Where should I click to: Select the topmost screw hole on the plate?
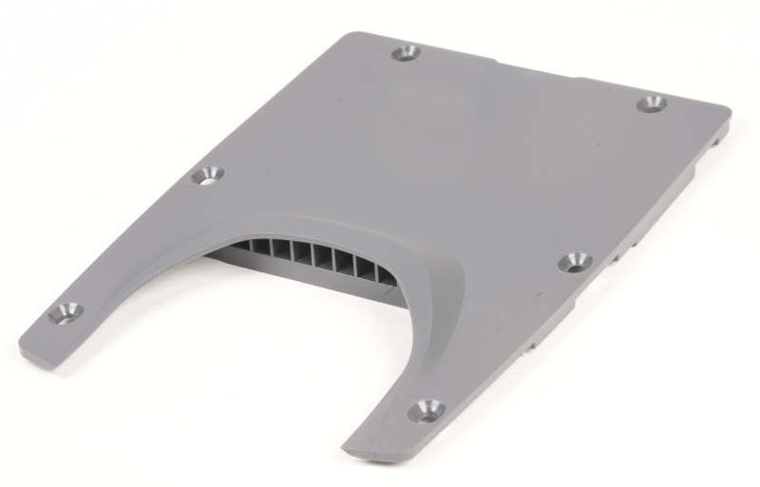[x=407, y=52]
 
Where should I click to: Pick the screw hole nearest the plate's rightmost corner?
[x=651, y=103]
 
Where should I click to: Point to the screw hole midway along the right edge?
[x=574, y=261]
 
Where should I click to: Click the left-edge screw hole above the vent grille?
[x=207, y=175]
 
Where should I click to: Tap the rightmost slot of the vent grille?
[x=385, y=275]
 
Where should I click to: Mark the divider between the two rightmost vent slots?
[x=376, y=272]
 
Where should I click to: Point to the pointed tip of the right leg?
[x=348, y=445]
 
